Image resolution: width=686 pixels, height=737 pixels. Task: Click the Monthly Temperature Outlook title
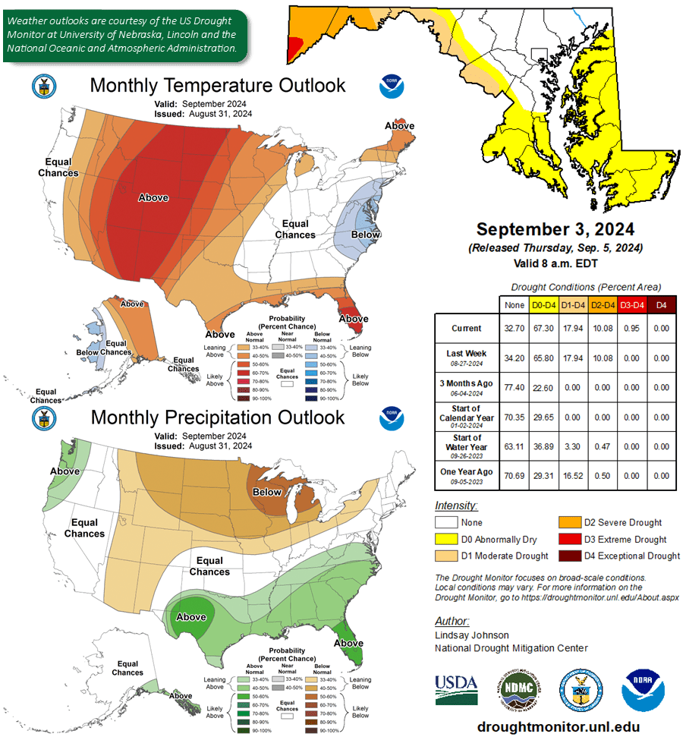(217, 85)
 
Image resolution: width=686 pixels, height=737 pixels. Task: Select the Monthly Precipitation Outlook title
(217, 417)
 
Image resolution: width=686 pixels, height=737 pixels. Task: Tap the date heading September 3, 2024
(555, 229)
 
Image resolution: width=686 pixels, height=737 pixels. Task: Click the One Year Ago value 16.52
(573, 476)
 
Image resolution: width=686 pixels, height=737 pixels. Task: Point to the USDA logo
(456, 689)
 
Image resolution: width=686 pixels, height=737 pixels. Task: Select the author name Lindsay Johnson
(471, 635)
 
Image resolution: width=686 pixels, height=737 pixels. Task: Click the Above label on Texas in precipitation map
(191, 616)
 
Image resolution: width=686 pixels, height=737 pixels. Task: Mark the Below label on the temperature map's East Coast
(365, 235)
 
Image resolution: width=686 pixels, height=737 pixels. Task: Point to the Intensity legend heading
(455, 506)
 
